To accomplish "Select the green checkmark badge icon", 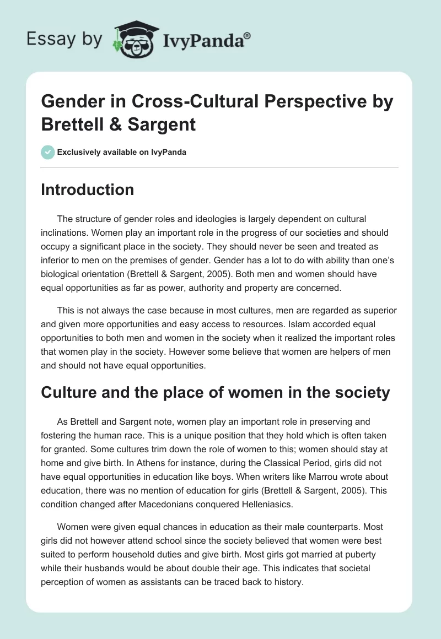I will point(47,152).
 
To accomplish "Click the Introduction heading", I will point(87,190).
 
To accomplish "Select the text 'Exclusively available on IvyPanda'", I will point(122,152).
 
